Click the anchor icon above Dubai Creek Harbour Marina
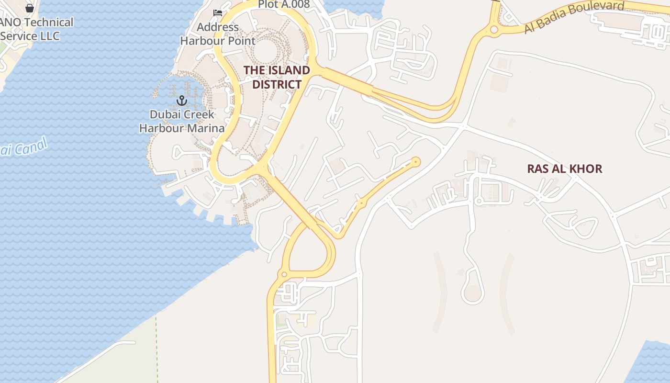tap(181, 100)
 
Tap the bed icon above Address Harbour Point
tap(218, 12)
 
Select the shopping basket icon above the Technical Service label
tap(30, 8)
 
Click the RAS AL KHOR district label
tap(564, 169)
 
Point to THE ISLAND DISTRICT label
tap(277, 77)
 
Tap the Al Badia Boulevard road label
tap(574, 17)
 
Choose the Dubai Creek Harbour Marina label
tap(182, 122)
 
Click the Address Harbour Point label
tap(218, 34)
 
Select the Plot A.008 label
tap(284, 4)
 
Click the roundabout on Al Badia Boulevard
tap(494, 30)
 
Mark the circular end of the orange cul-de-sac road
tap(415, 162)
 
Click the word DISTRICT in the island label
tap(277, 84)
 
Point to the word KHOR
tap(586, 169)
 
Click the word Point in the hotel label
tap(241, 41)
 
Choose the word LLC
tap(49, 36)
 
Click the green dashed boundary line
tap(156, 349)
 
